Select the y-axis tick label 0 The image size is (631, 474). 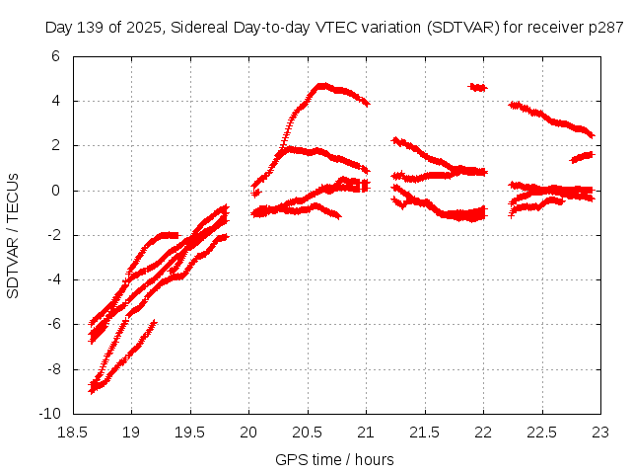click(55, 190)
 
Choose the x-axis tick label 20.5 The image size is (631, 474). click(308, 432)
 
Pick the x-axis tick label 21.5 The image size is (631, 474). click(425, 432)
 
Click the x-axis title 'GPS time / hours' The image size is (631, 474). click(335, 459)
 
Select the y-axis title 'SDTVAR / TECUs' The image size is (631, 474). click(14, 235)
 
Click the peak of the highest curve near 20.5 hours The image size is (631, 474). click(321, 86)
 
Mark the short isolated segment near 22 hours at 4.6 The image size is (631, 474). click(478, 87)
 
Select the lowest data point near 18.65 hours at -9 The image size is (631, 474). click(92, 391)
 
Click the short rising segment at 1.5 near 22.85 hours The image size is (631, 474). click(583, 156)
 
